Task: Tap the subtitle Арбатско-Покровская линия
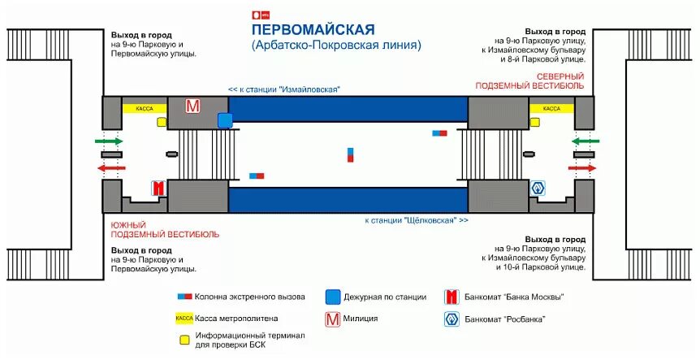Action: [x=336, y=46]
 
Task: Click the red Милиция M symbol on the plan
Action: [x=192, y=106]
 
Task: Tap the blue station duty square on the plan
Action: [x=225, y=120]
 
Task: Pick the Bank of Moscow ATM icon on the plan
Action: [x=158, y=188]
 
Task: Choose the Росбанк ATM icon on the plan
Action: [x=537, y=188]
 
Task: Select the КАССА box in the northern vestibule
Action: [x=551, y=108]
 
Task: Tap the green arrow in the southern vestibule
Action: [x=109, y=141]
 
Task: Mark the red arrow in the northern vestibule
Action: [x=582, y=167]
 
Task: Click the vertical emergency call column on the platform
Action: [x=350, y=154]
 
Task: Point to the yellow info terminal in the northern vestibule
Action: [x=534, y=121]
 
